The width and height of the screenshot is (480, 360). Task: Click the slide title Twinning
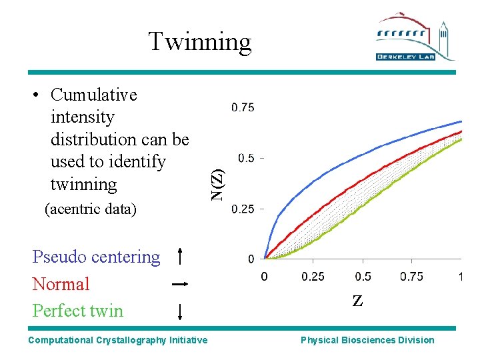point(199,41)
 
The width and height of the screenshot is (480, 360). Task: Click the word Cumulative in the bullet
point(93,95)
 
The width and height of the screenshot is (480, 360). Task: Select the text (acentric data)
point(89,209)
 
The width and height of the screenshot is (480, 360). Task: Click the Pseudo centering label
point(96,257)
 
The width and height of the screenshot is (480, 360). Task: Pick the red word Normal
point(61,284)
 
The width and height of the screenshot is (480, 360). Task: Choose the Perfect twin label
point(78,311)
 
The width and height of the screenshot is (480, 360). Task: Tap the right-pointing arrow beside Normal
point(180,284)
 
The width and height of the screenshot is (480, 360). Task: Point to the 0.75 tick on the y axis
point(243,107)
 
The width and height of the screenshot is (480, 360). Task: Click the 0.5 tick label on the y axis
point(246,158)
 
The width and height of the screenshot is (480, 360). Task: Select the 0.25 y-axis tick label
point(243,209)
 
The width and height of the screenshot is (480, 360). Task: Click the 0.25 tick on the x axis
point(313,276)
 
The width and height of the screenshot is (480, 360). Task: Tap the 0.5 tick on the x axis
point(363,276)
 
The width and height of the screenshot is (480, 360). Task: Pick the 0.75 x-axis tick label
point(412,276)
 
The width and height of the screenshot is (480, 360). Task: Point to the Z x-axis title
point(358,301)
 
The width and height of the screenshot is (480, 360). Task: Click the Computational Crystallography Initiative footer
point(117,340)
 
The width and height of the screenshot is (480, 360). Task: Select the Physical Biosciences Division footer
point(367,340)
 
